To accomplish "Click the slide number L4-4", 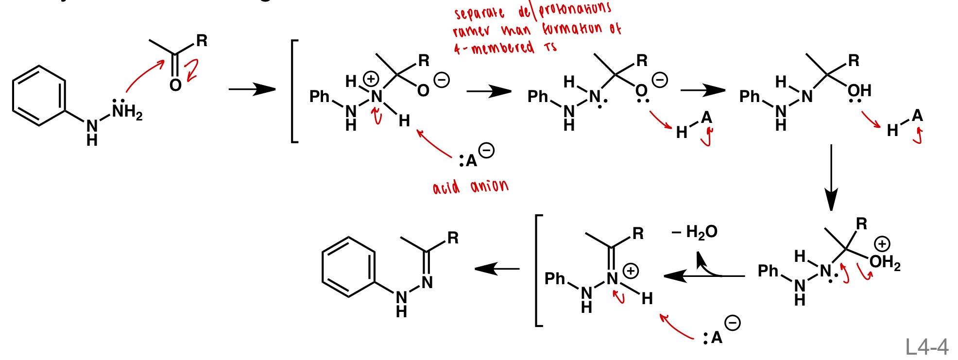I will point(926,347).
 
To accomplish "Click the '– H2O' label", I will point(695,232).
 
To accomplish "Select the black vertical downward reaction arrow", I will point(831,177).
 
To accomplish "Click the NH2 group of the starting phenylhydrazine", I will point(127,112).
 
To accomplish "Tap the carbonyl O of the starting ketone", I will point(175,86).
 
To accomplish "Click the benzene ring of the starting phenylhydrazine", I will point(39,96).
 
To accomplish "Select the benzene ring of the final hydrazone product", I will point(348,267).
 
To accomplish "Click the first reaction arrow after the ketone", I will point(252,89).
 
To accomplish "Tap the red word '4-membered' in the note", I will point(494,48).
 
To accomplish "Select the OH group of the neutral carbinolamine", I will point(859,90).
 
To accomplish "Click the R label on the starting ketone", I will point(202,41).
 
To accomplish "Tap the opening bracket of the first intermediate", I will point(294,91).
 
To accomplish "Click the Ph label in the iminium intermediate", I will point(555,279).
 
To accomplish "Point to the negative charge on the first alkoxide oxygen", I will point(441,80).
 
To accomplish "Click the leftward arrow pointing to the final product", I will point(496,268).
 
